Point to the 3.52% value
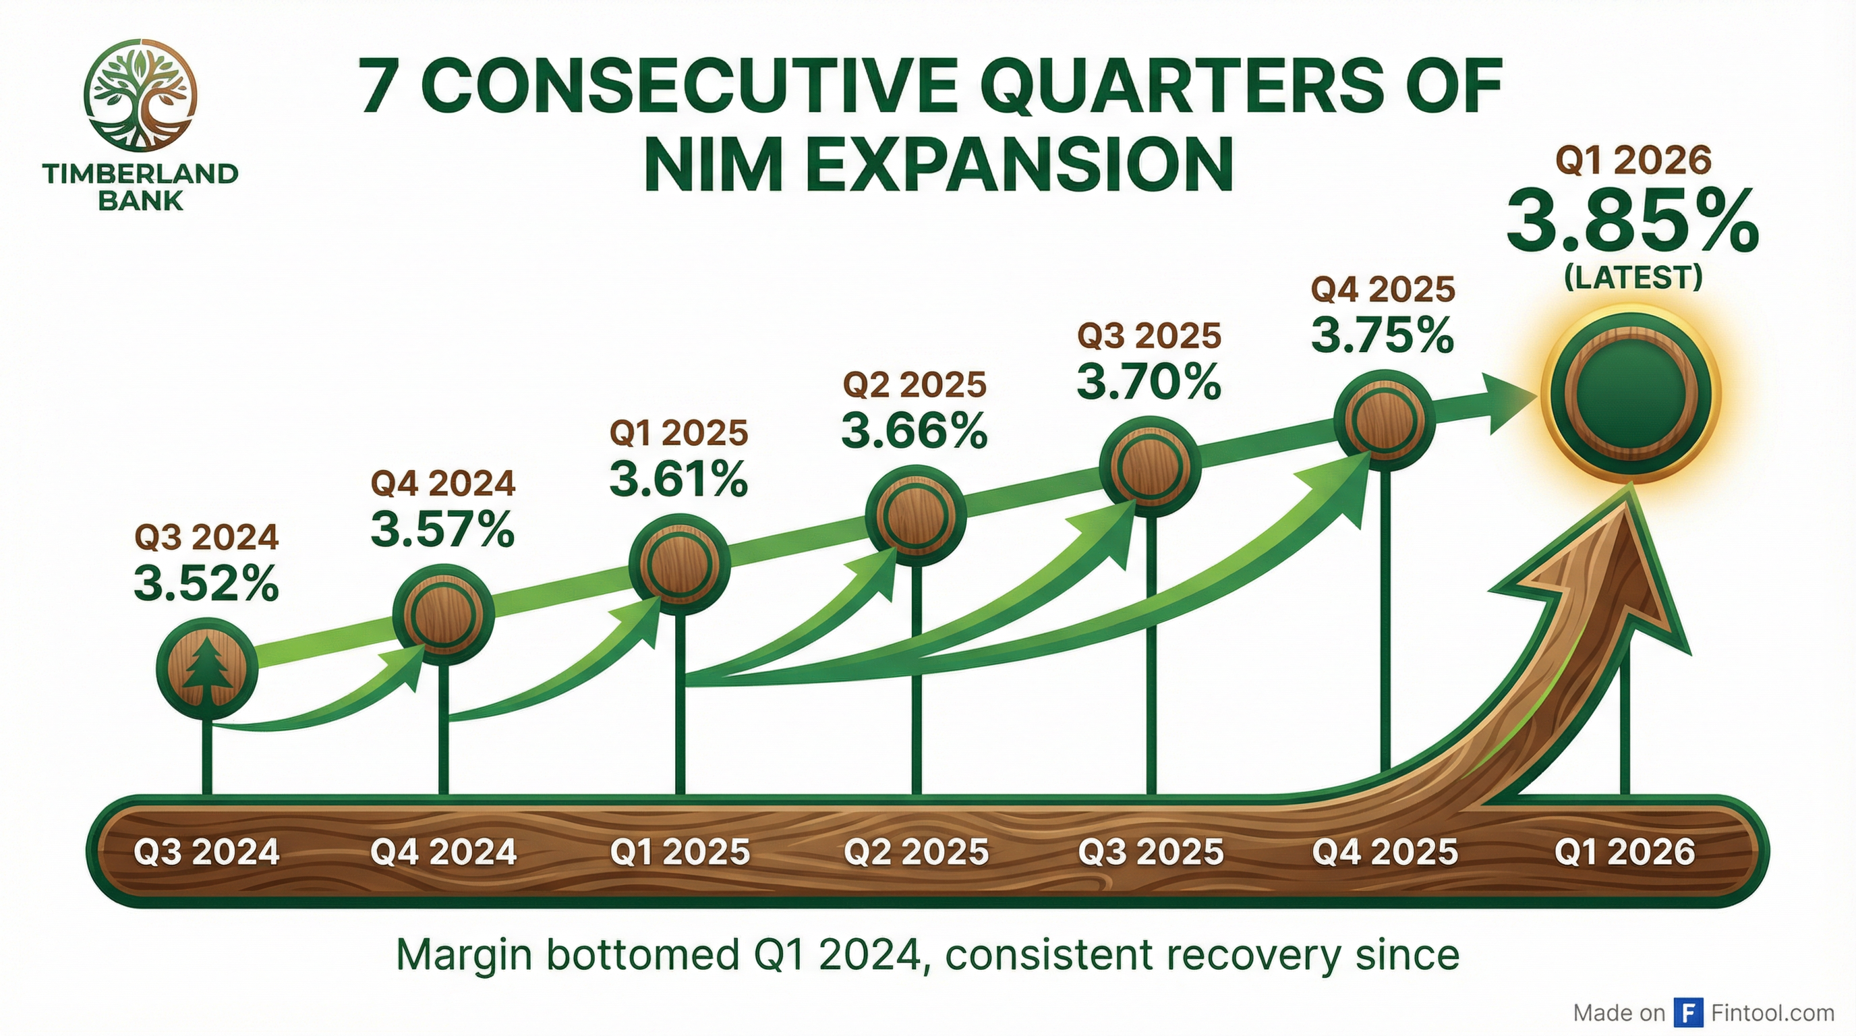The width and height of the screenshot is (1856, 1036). pyautogui.click(x=207, y=584)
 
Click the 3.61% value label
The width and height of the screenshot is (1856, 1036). pyautogui.click(x=678, y=480)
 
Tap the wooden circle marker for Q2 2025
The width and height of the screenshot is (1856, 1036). pyautogui.click(x=915, y=516)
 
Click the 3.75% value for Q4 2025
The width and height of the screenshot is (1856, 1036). pyautogui.click(x=1382, y=336)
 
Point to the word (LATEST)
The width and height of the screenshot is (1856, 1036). pyautogui.click(x=1633, y=278)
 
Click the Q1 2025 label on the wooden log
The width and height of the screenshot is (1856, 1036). pyautogui.click(x=679, y=853)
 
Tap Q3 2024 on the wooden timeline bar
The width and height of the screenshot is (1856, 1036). pyautogui.click(x=207, y=853)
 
